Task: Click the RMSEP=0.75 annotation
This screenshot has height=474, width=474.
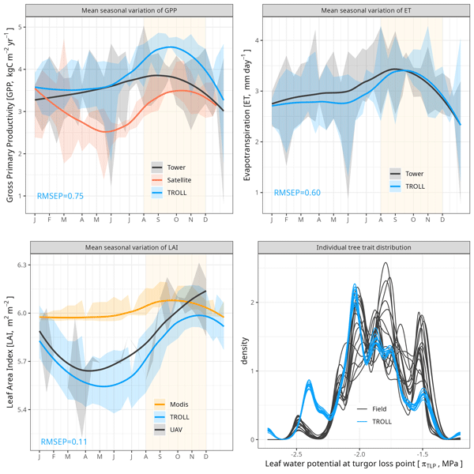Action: coord(62,195)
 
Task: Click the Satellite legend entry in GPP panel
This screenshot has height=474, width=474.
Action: coord(181,180)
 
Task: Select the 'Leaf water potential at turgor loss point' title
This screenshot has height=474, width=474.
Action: coord(363,465)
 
